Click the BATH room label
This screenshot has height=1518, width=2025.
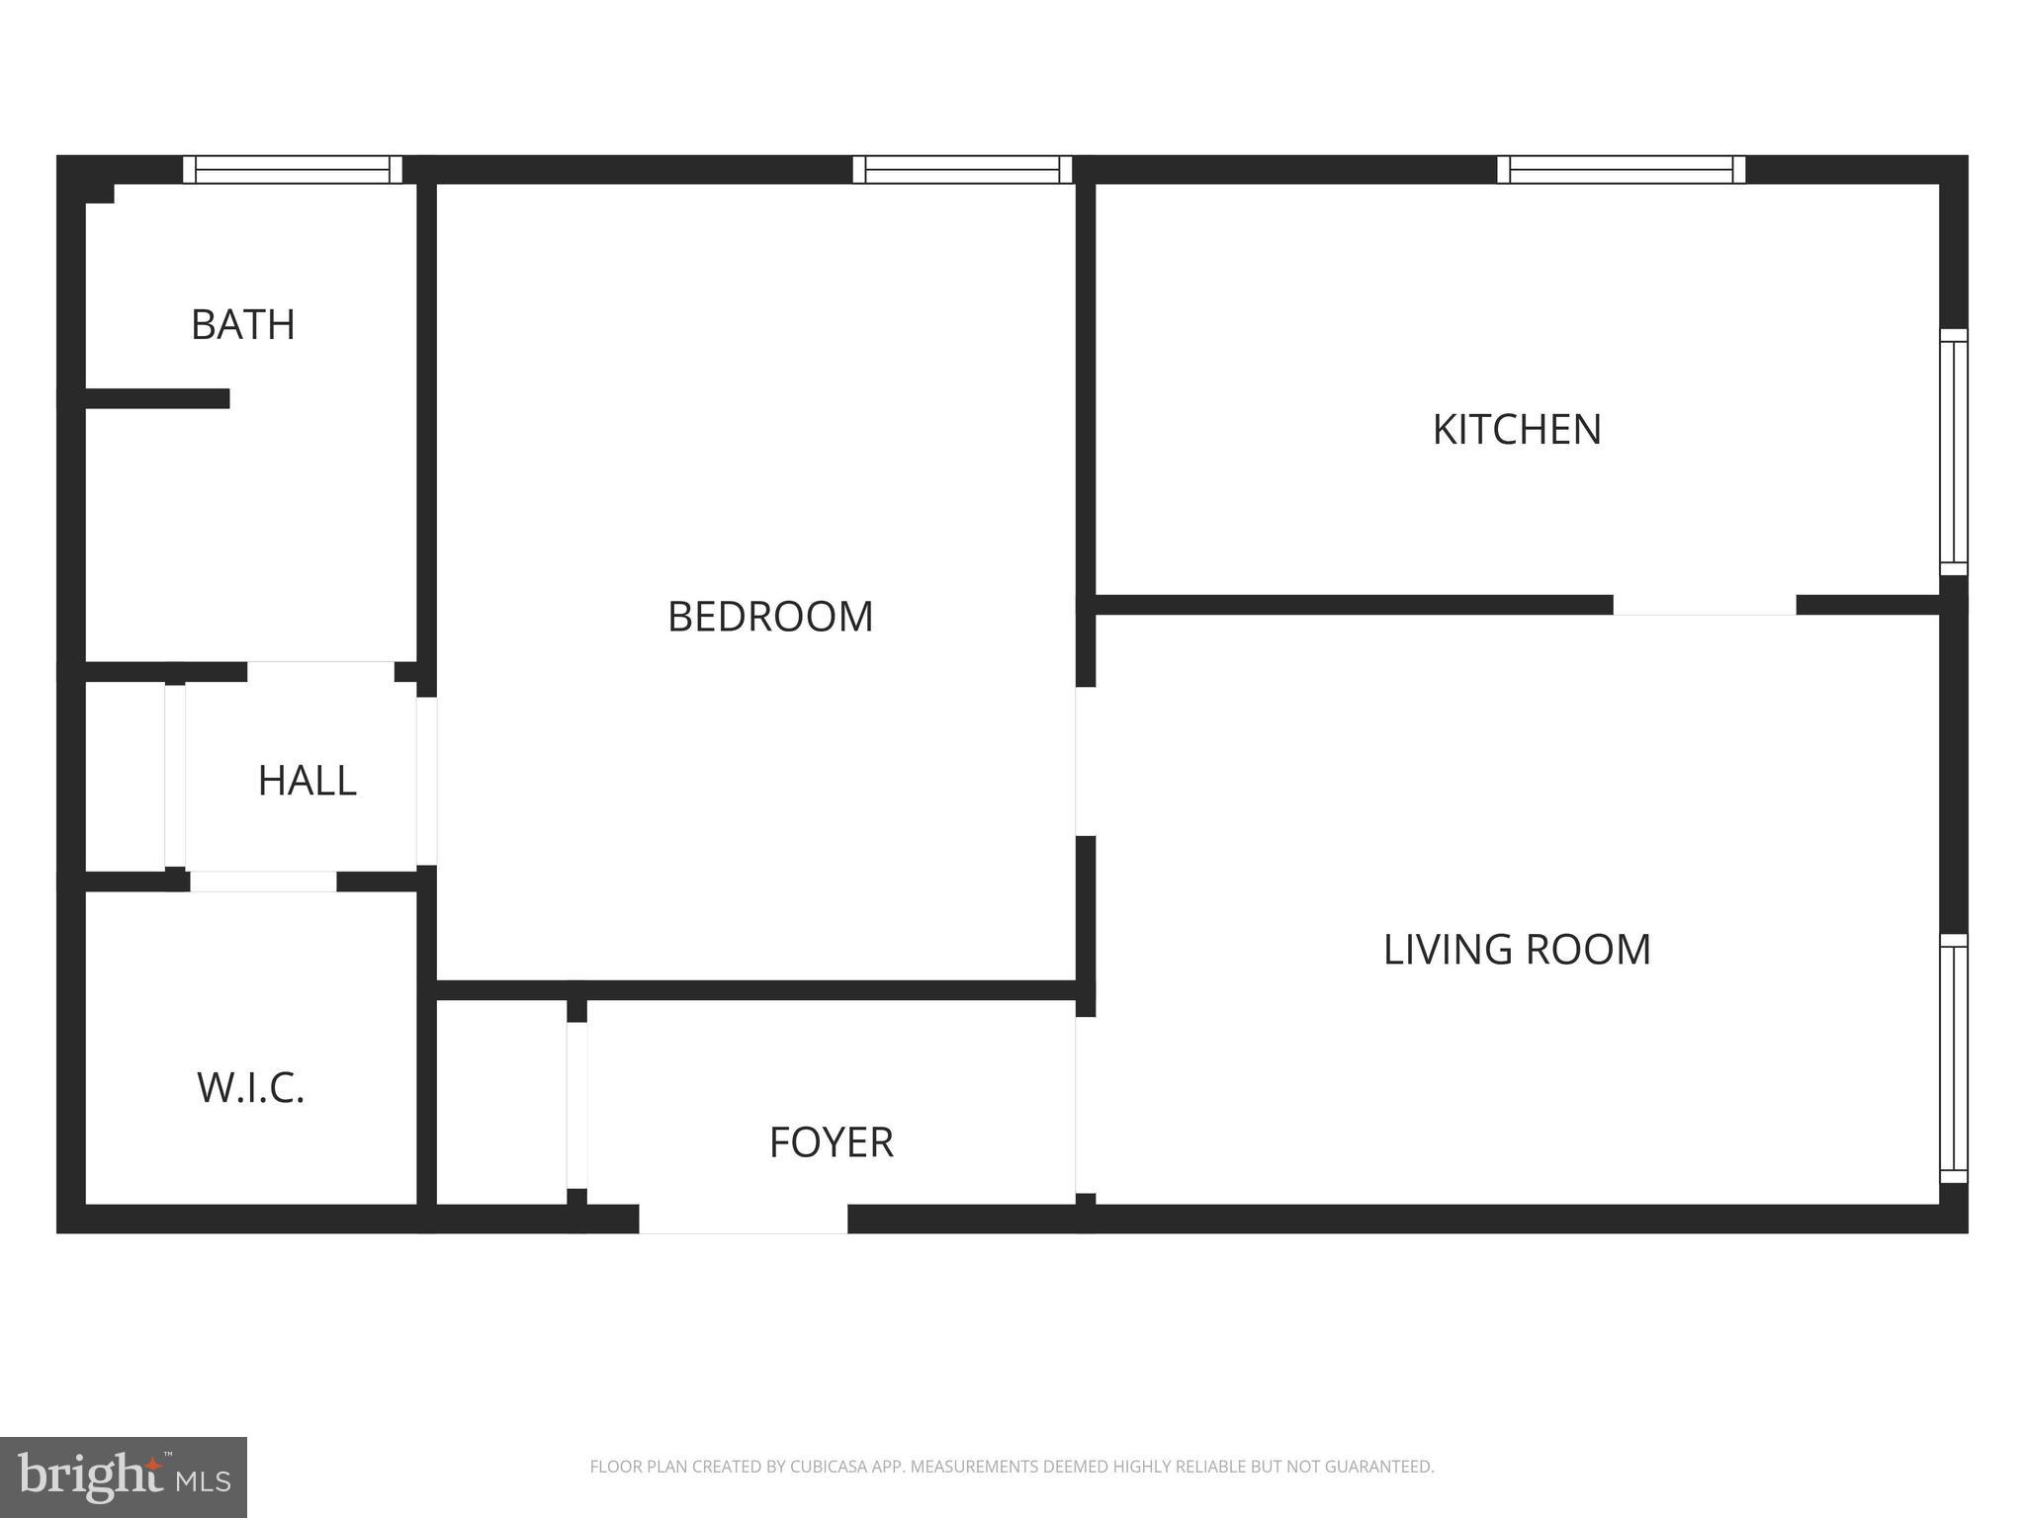(242, 325)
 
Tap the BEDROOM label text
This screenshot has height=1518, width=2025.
(770, 617)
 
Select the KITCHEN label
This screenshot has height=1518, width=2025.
(1517, 429)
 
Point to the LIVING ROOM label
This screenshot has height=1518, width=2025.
(1517, 949)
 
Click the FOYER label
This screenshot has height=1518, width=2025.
(831, 1142)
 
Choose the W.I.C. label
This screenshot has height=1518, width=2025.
(250, 1088)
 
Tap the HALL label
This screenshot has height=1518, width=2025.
(307, 781)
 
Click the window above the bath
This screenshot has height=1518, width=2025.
(293, 170)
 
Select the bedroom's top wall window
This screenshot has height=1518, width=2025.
(962, 170)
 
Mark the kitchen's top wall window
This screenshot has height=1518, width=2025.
(1621, 170)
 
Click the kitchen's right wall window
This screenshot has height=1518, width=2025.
(1953, 452)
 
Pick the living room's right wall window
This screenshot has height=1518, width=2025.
(1953, 1058)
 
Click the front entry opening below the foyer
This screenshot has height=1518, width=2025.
(743, 1219)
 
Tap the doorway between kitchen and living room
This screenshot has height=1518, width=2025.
(1704, 605)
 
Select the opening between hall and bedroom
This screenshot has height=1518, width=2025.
(426, 781)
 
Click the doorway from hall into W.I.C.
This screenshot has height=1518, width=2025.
(263, 882)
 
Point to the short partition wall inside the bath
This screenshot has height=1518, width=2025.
(157, 398)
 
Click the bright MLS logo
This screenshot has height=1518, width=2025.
(123, 1477)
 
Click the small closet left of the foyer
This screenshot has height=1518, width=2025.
(501, 1102)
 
